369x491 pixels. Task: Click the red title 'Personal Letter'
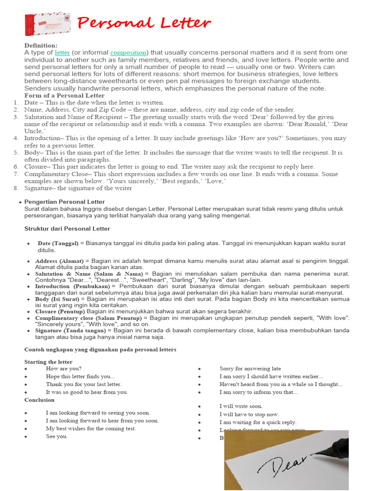tap(144, 23)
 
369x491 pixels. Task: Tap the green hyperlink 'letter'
tap(62, 52)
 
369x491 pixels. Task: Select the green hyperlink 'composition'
tap(128, 52)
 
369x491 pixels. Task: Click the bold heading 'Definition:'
tap(41, 45)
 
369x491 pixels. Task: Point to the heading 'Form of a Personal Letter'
tap(64, 95)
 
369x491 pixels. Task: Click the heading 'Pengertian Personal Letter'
tap(64, 202)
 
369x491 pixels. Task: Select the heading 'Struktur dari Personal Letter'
tap(67, 229)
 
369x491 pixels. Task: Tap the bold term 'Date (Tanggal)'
tap(58, 243)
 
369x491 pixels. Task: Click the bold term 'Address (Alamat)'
tap(59, 261)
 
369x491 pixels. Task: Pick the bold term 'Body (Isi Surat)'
tap(57, 298)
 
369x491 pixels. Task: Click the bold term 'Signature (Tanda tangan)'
tap(71, 331)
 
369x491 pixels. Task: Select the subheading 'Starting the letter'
tap(49, 362)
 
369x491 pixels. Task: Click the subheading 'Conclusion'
tap(39, 399)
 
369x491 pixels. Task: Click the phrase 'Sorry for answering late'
tap(250, 369)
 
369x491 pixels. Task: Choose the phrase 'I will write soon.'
tap(241, 406)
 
